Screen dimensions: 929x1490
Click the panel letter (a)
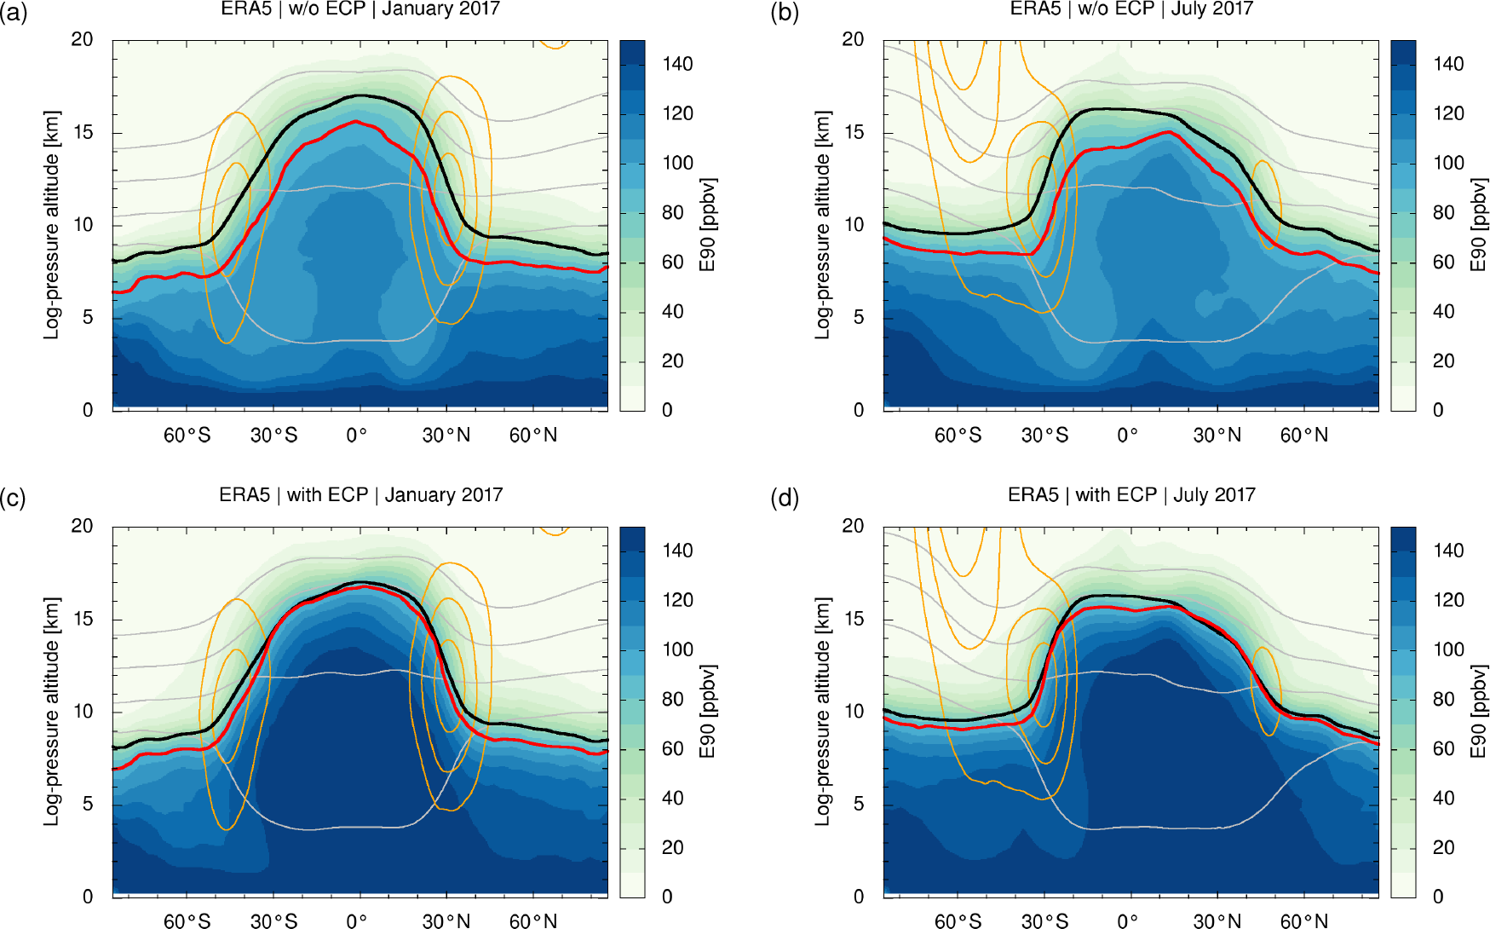click(14, 12)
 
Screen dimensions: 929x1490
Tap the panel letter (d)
click(785, 498)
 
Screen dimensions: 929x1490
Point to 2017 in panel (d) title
click(1236, 495)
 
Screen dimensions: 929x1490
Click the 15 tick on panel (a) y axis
click(83, 132)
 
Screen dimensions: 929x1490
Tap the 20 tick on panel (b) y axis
click(853, 39)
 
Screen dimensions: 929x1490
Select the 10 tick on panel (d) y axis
click(853, 712)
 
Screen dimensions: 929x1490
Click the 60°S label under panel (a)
click(187, 436)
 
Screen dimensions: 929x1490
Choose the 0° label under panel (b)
click(1127, 436)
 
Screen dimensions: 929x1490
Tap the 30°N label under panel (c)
click(446, 921)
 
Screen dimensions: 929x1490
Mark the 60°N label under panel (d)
click(1303, 921)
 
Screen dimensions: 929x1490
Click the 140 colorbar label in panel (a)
click(677, 64)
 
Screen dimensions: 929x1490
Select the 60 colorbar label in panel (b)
click(1443, 263)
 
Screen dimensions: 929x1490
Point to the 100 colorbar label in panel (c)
click(677, 649)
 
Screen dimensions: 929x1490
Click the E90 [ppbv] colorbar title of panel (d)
click(1478, 711)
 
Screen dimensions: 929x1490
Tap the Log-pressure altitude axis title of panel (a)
click(52, 225)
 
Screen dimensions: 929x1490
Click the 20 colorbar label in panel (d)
click(1443, 848)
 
